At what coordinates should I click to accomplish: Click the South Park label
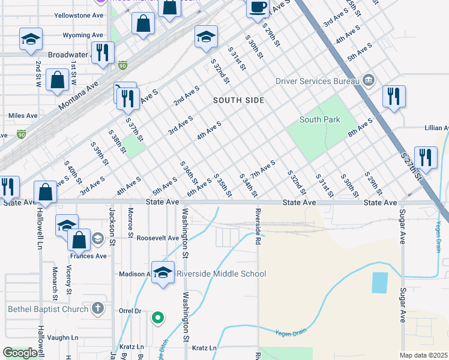click(x=320, y=119)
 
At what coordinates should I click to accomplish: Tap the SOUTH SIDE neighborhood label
click(x=238, y=100)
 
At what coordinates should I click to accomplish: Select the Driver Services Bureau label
click(x=317, y=81)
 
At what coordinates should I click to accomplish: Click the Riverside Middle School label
click(x=221, y=274)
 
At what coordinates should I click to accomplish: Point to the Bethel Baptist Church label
click(x=47, y=310)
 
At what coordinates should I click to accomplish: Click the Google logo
click(x=20, y=353)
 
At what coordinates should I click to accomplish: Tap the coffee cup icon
click(x=258, y=8)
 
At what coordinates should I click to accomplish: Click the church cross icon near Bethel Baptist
click(x=97, y=310)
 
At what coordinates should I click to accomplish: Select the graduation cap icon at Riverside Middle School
click(x=162, y=274)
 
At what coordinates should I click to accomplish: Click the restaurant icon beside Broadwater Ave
click(x=103, y=53)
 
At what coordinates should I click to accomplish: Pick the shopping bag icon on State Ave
click(x=46, y=193)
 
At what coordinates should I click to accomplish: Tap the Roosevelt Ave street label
click(x=158, y=238)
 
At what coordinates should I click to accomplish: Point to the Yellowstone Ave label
click(x=79, y=15)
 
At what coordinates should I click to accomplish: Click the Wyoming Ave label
click(x=84, y=35)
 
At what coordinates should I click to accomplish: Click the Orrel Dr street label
click(x=130, y=311)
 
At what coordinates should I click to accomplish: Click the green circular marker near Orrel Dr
click(x=157, y=317)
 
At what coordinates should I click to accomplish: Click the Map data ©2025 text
click(x=423, y=355)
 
